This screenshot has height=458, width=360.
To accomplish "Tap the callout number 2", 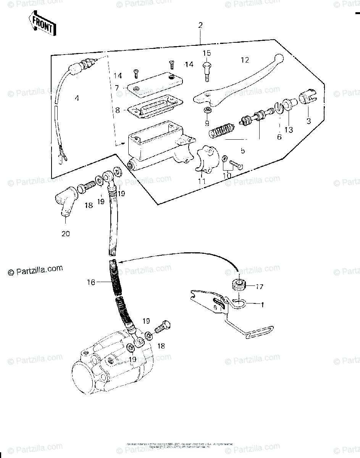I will (200, 26).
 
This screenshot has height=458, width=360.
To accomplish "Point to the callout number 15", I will (207, 53).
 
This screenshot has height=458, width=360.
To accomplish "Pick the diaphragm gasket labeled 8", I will (155, 109).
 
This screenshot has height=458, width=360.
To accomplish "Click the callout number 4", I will (77, 98).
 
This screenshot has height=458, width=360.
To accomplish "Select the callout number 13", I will (288, 130).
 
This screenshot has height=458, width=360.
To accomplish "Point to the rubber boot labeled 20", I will (65, 204).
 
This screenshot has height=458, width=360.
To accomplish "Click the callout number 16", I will (90, 282).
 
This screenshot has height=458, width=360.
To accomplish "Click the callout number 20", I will (66, 233).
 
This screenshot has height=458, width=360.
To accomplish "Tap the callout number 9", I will (207, 123).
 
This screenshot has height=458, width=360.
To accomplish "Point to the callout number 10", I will (228, 175).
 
